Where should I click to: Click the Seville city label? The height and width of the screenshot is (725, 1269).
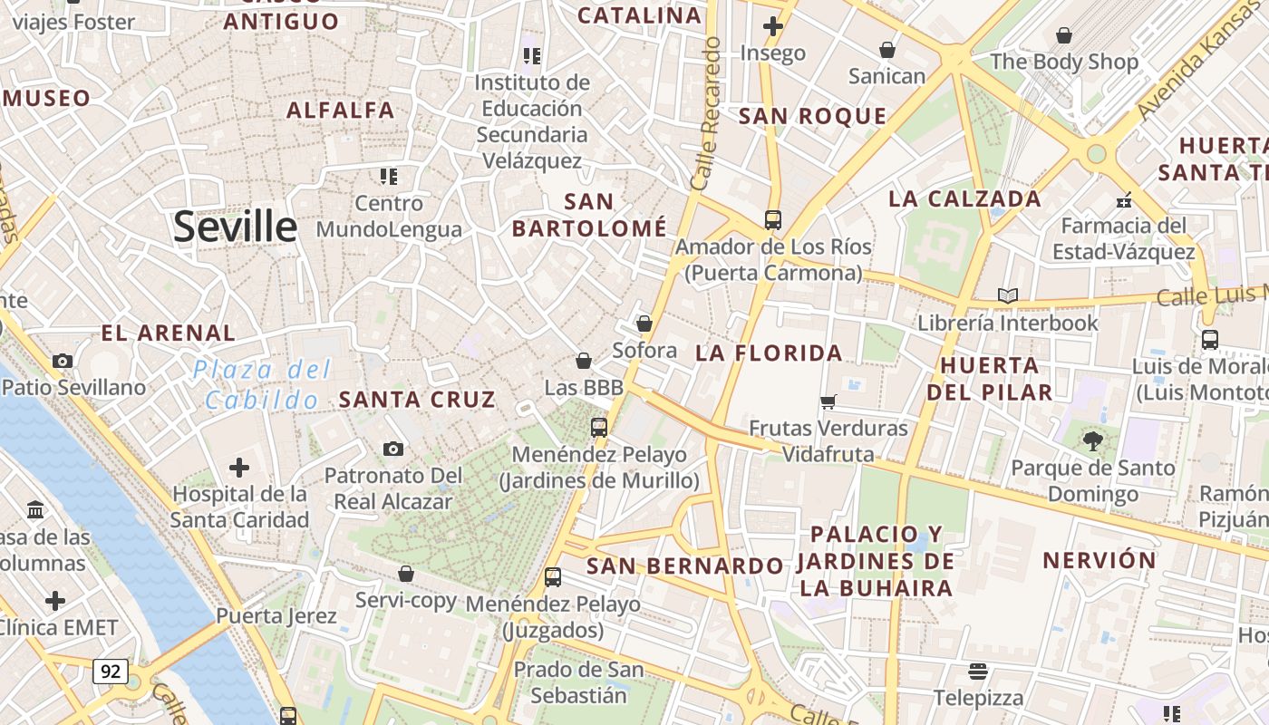coord(235,227)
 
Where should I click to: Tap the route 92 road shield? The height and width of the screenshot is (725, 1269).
coord(110,672)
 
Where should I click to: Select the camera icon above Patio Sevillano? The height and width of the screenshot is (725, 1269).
coord(63,361)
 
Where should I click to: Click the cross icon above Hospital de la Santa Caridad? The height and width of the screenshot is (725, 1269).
coord(239,468)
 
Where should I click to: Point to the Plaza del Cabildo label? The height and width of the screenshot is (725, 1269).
coord(261,384)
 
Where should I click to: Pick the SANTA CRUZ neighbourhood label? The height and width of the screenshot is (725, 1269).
coord(417,399)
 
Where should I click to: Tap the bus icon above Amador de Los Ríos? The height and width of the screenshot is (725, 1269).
coord(772,219)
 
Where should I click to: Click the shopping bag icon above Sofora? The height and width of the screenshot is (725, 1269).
coord(644,324)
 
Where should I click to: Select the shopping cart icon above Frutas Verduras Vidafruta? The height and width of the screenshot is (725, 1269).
coord(828,401)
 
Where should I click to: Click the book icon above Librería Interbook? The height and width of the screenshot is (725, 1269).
coord(1007,295)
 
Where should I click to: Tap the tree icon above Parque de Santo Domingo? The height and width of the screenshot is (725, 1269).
coord(1092,441)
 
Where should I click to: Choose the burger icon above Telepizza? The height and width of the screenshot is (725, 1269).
coord(977,672)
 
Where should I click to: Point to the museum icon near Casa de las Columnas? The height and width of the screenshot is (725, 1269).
coord(35,510)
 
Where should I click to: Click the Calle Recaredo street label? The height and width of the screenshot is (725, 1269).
coord(705,113)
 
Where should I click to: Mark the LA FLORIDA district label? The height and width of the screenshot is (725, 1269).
coord(769,353)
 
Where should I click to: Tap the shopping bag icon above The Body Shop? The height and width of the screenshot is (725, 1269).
coord(1064,35)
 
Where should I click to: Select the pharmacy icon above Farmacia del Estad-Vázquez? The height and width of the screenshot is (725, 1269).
coord(1124,199)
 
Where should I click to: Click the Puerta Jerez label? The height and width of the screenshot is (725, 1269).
coord(276,616)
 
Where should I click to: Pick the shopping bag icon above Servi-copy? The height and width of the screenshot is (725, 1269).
coord(406,574)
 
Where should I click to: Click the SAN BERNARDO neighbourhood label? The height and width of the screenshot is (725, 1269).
coord(684,566)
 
